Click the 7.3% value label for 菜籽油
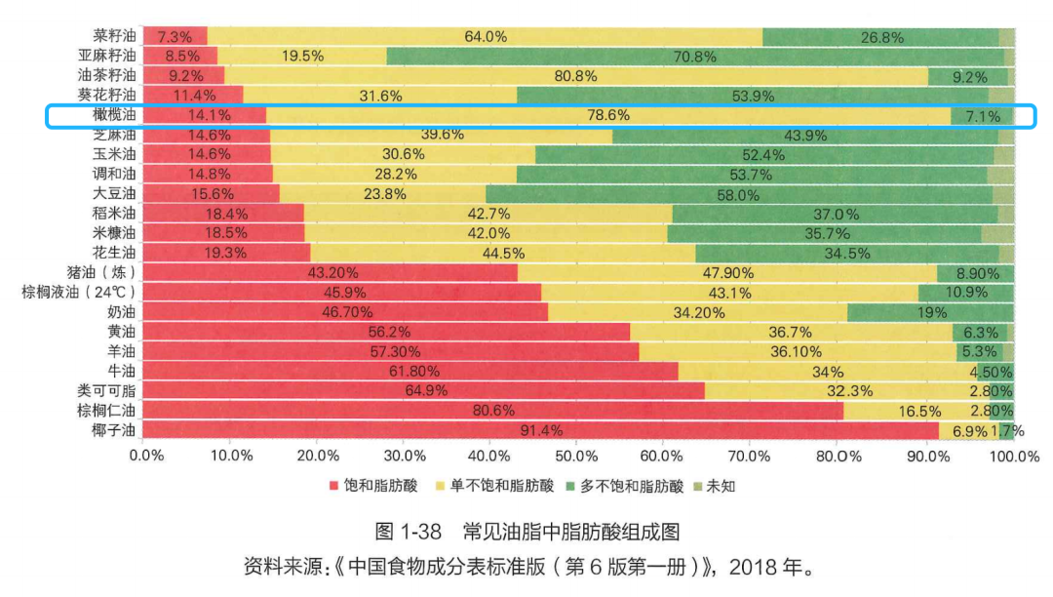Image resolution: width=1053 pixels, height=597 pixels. (x=175, y=37)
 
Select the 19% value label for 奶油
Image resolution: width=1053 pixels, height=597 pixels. (x=930, y=312)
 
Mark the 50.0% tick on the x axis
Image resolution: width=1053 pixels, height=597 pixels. (x=575, y=456)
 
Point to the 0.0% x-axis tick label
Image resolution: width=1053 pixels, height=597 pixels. (x=144, y=456)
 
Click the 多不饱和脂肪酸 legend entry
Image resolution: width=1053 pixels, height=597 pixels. (x=624, y=485)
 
